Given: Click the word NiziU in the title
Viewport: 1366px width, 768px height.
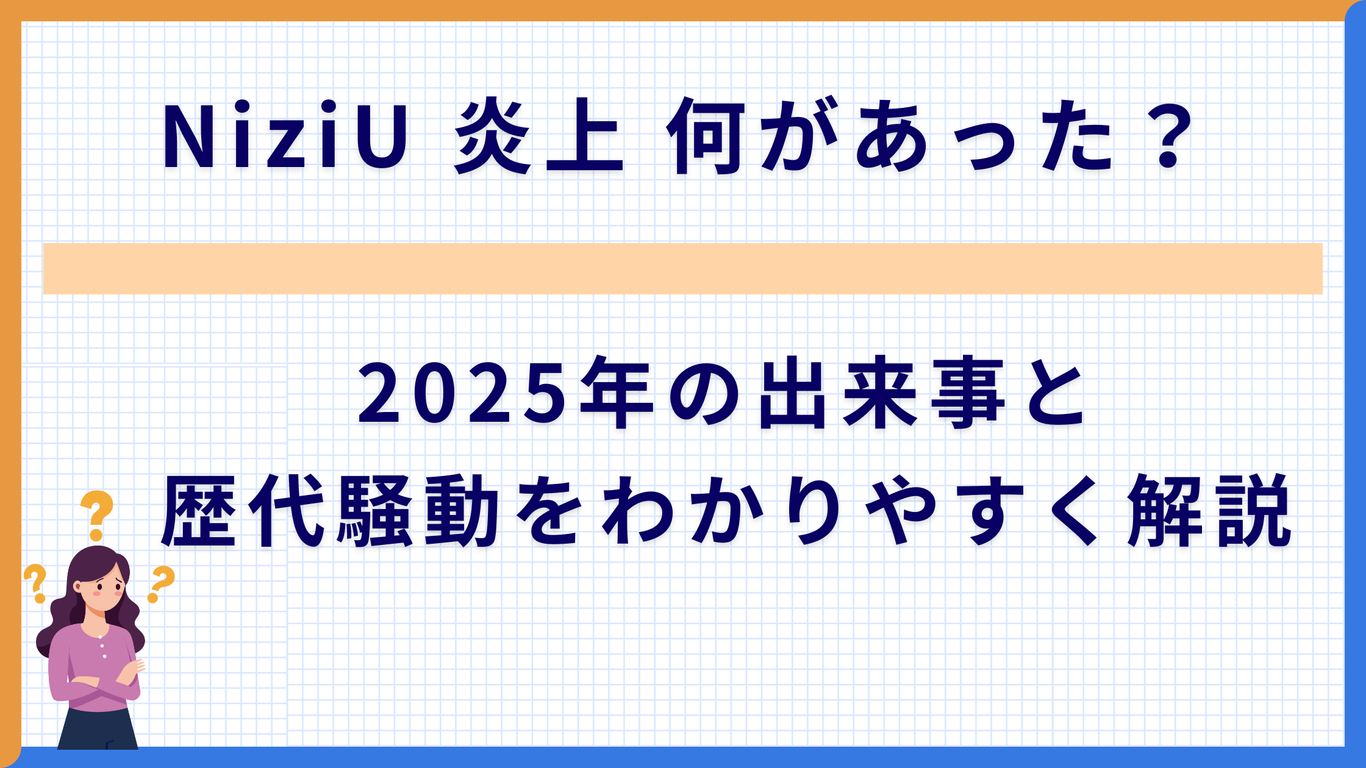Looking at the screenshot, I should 285,138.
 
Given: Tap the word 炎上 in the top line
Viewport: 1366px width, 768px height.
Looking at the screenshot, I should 539,138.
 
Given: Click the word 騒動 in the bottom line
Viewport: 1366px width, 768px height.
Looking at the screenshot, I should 418,511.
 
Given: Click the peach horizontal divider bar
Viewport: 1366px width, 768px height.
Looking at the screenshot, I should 682,269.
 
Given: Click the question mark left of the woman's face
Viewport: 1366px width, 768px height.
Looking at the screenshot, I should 36,583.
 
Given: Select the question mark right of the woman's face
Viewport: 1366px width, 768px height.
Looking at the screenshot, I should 160,583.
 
